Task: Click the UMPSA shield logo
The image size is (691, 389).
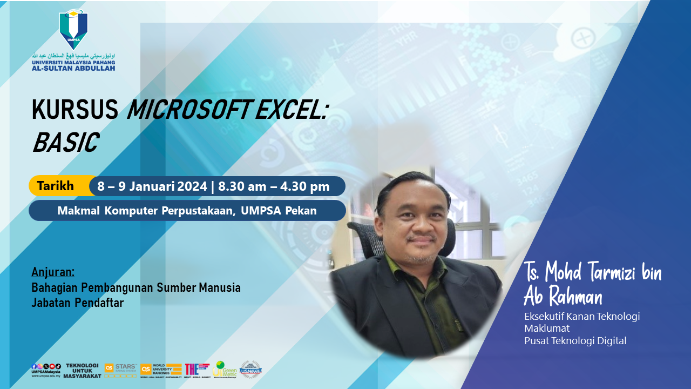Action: (73, 29)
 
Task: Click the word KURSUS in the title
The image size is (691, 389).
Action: (74, 111)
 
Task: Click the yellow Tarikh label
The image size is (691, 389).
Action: (55, 186)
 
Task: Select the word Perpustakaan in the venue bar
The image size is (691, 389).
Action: (198, 211)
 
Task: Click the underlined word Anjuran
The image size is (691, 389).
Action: (53, 271)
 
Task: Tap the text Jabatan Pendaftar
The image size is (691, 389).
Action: (77, 303)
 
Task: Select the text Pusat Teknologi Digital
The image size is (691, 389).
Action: (575, 340)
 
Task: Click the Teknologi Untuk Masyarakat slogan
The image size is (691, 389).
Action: (83, 370)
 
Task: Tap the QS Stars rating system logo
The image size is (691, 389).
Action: (120, 370)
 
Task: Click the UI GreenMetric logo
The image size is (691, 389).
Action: (224, 369)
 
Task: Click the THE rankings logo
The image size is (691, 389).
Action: (197, 369)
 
